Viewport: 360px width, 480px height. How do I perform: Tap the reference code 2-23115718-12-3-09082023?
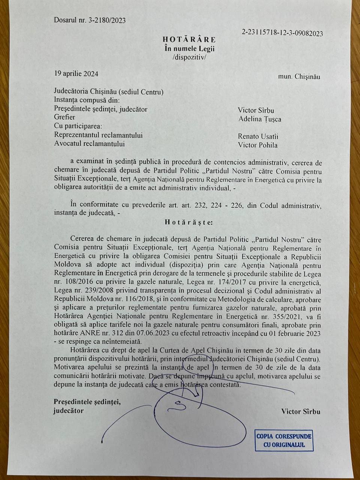tap(282, 33)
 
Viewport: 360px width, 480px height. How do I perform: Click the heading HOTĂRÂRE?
tap(189, 40)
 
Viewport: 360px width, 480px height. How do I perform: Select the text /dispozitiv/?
tap(189, 57)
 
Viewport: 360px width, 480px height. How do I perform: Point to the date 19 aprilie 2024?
tap(76, 73)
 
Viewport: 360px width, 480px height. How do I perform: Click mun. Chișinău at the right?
tap(299, 76)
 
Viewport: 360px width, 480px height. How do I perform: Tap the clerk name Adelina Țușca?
tap(259, 119)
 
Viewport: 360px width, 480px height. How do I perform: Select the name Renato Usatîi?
tap(258, 136)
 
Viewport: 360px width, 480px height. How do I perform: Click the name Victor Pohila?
tap(258, 145)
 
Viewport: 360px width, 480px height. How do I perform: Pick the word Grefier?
tap(64, 117)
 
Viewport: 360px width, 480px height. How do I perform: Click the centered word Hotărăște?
tap(189, 222)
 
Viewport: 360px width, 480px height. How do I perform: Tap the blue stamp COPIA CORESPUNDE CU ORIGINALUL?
tap(283, 441)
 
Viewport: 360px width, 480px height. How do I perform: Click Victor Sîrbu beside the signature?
tap(301, 411)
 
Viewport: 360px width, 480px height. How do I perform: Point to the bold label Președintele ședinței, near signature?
tap(87, 402)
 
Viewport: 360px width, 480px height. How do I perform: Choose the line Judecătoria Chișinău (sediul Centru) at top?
tap(109, 92)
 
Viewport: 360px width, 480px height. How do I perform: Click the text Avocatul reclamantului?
tap(89, 144)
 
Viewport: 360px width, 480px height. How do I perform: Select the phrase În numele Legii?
tap(190, 48)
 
